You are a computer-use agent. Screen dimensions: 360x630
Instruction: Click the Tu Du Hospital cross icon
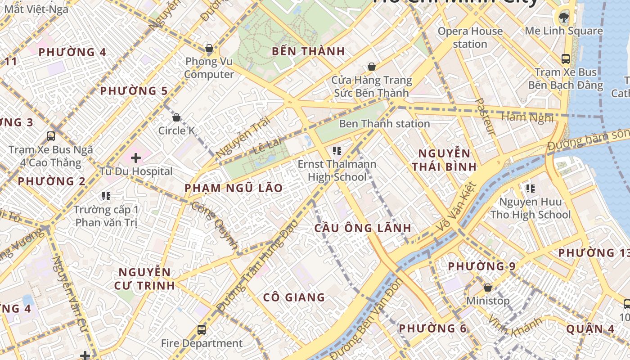(x=136, y=158)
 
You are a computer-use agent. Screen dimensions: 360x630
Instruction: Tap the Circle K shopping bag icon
(x=176, y=117)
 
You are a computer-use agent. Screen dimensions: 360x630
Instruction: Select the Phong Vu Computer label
(x=209, y=67)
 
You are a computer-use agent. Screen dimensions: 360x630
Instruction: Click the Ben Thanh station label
(x=384, y=124)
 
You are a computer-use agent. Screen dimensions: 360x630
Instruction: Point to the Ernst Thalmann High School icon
(x=337, y=150)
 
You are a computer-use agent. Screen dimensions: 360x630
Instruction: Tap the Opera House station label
(x=470, y=37)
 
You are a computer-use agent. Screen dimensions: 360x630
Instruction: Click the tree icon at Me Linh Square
(x=563, y=18)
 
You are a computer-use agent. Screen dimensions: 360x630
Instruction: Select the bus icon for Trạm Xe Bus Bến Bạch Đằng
(x=565, y=59)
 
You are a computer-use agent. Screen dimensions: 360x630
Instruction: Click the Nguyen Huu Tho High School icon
(x=530, y=188)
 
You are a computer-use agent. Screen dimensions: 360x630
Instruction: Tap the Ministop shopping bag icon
(x=487, y=288)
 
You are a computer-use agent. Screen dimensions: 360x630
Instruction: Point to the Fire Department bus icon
(x=202, y=330)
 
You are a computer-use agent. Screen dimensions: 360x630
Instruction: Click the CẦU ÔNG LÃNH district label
(x=363, y=228)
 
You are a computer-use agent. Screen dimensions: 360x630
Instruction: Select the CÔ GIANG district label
(x=294, y=297)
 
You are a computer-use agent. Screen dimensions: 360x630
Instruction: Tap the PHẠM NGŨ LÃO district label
(x=234, y=188)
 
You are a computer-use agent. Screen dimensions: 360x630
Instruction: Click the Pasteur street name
(x=485, y=117)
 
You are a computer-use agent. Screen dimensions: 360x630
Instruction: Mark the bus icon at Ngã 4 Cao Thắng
(x=51, y=136)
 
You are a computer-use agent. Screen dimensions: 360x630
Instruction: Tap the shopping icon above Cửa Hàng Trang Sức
(x=372, y=67)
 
